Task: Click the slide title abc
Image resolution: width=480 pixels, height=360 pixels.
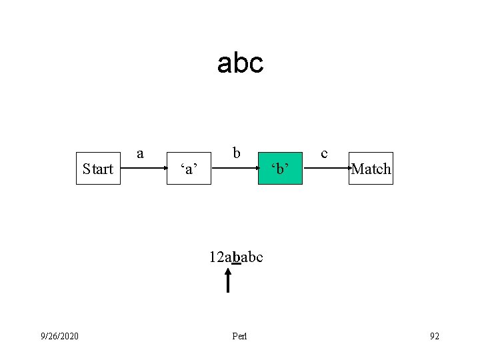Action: tap(240, 63)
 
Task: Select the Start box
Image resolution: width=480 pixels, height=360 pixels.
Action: tap(98, 169)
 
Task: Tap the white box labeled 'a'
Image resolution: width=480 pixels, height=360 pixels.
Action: tap(189, 169)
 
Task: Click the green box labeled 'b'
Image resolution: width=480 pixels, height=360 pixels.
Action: tap(280, 169)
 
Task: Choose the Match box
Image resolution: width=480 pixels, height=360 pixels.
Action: tap(371, 169)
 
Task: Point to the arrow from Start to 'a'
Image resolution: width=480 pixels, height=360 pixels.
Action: tap(143, 169)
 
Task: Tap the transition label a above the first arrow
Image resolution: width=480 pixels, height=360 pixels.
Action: tap(140, 153)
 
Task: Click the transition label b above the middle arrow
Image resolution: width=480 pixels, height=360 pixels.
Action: tap(237, 153)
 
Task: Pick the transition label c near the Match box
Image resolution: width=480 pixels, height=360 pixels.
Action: tap(324, 153)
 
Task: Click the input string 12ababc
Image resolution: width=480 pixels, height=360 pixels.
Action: tap(235, 257)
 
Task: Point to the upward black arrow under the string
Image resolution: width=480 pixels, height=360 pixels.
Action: tap(228, 281)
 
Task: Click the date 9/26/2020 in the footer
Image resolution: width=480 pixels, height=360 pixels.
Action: tap(59, 335)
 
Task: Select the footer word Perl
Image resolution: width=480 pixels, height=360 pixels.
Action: tap(239, 336)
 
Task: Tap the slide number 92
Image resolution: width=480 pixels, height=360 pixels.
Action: tap(435, 335)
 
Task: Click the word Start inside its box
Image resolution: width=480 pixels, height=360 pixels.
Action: tap(98, 169)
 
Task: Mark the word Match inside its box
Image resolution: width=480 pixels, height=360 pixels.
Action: tap(371, 169)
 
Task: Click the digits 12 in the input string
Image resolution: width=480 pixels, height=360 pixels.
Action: tap(215, 257)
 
